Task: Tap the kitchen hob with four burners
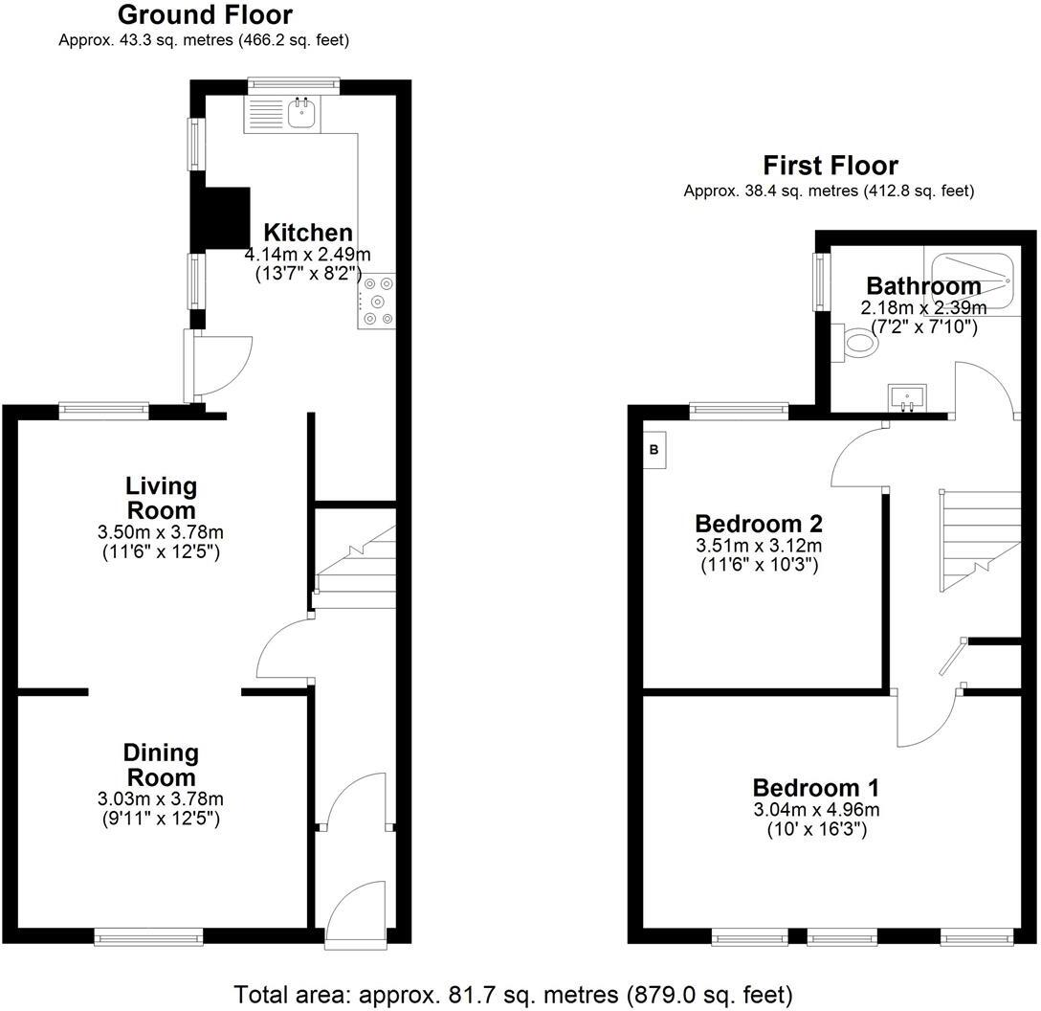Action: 376,301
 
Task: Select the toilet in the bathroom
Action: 859,343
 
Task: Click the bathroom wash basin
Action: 907,396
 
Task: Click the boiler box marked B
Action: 655,449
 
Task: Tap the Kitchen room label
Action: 308,233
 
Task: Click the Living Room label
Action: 162,498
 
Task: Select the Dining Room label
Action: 162,765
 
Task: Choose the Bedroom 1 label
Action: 815,788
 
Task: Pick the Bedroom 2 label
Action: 759,524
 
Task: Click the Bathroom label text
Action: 922,285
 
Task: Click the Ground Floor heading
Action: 204,15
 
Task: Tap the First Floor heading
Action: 830,166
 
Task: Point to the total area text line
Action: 513,995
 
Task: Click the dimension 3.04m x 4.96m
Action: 815,810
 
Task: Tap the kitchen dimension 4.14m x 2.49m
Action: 307,254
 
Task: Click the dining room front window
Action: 148,935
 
